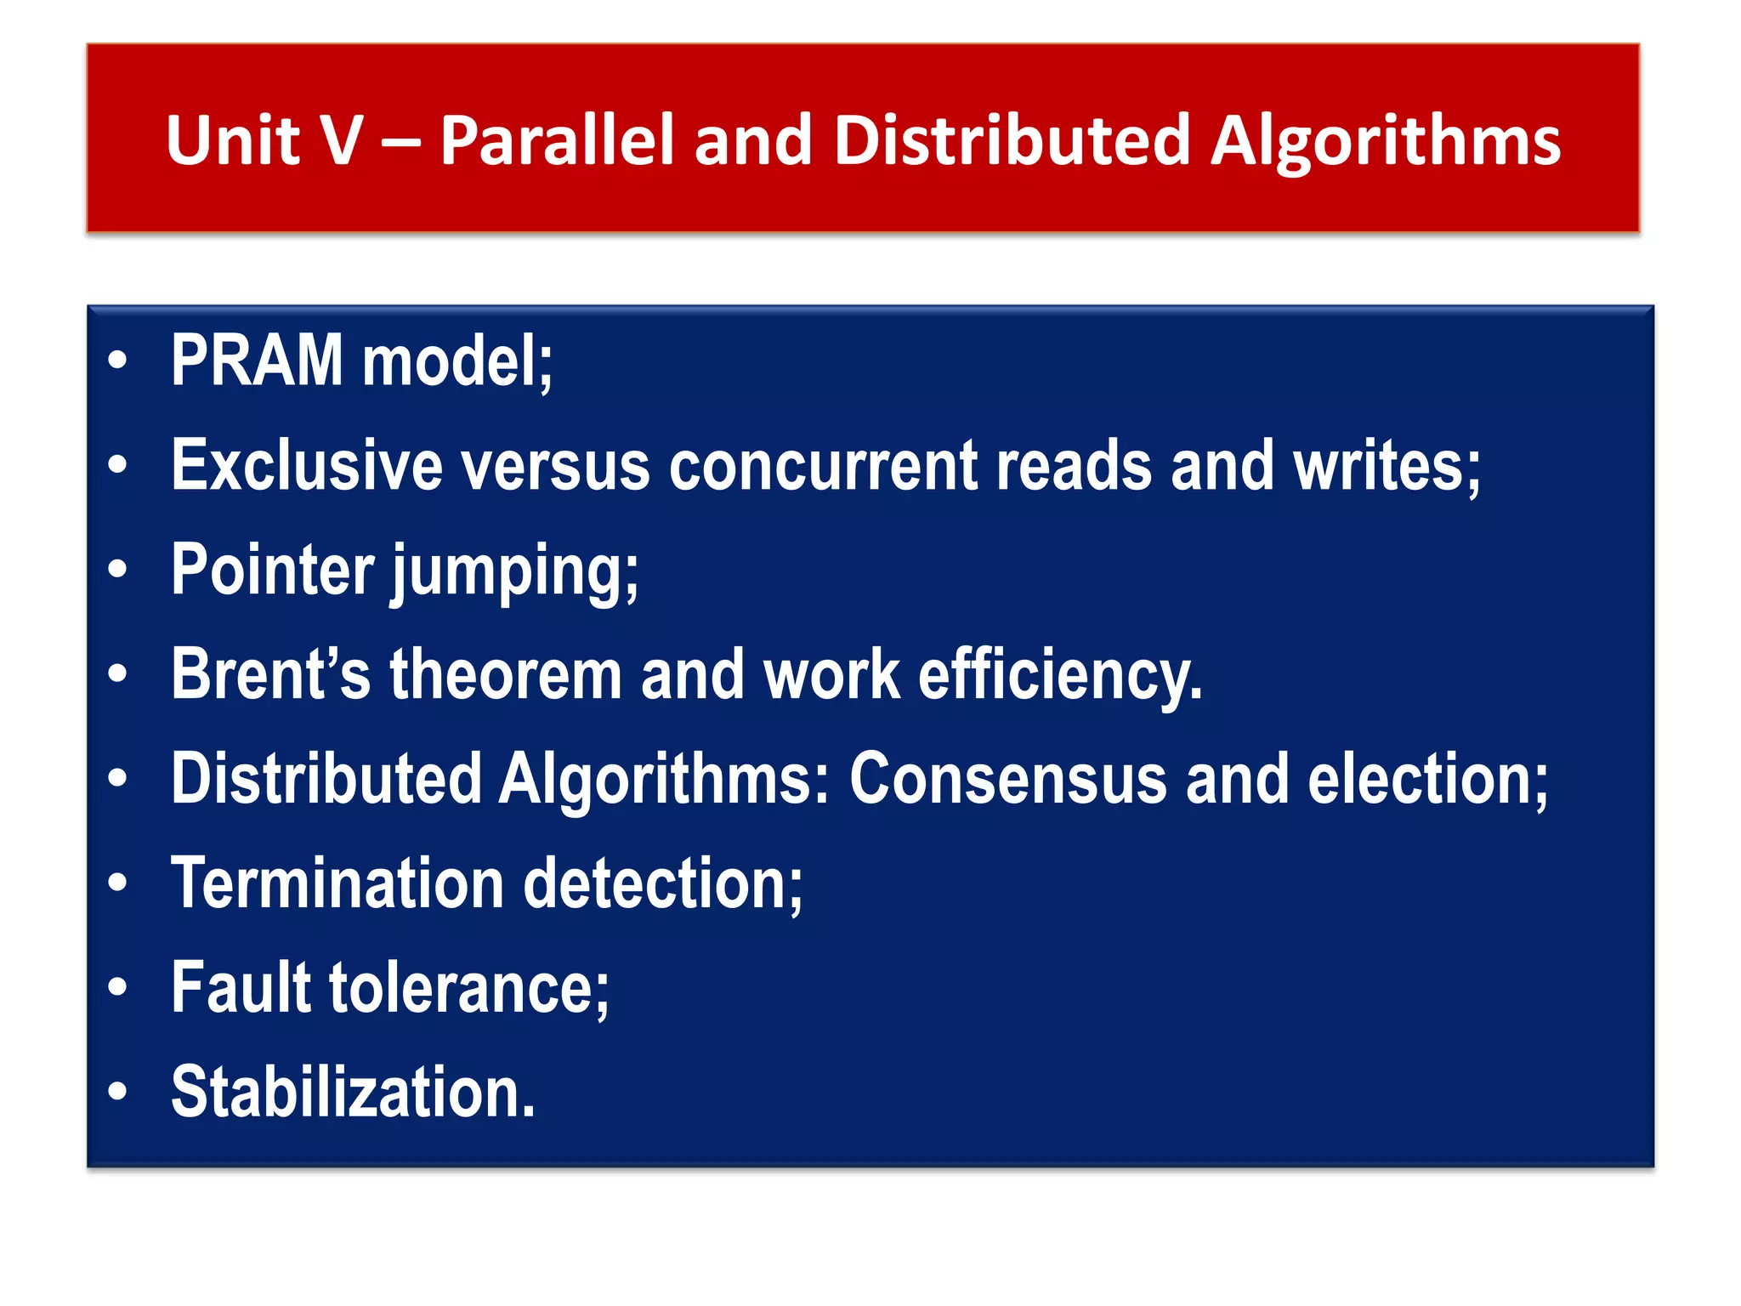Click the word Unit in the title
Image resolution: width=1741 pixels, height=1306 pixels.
(232, 140)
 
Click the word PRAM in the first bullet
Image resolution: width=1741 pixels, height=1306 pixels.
(257, 361)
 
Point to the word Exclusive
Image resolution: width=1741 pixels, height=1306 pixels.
(307, 465)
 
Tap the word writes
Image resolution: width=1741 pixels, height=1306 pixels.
(1386, 465)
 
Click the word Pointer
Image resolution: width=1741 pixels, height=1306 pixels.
(272, 570)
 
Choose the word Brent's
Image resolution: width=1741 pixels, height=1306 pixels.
(271, 674)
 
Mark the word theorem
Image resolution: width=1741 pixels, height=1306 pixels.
(506, 674)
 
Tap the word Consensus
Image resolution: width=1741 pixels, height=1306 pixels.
(1008, 779)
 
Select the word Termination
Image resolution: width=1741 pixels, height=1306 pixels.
(337, 883)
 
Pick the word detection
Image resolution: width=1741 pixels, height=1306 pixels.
(662, 883)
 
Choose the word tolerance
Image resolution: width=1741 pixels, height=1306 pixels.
(468, 988)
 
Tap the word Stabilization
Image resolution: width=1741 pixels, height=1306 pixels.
(353, 1093)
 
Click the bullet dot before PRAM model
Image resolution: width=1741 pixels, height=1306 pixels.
(117, 361)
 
